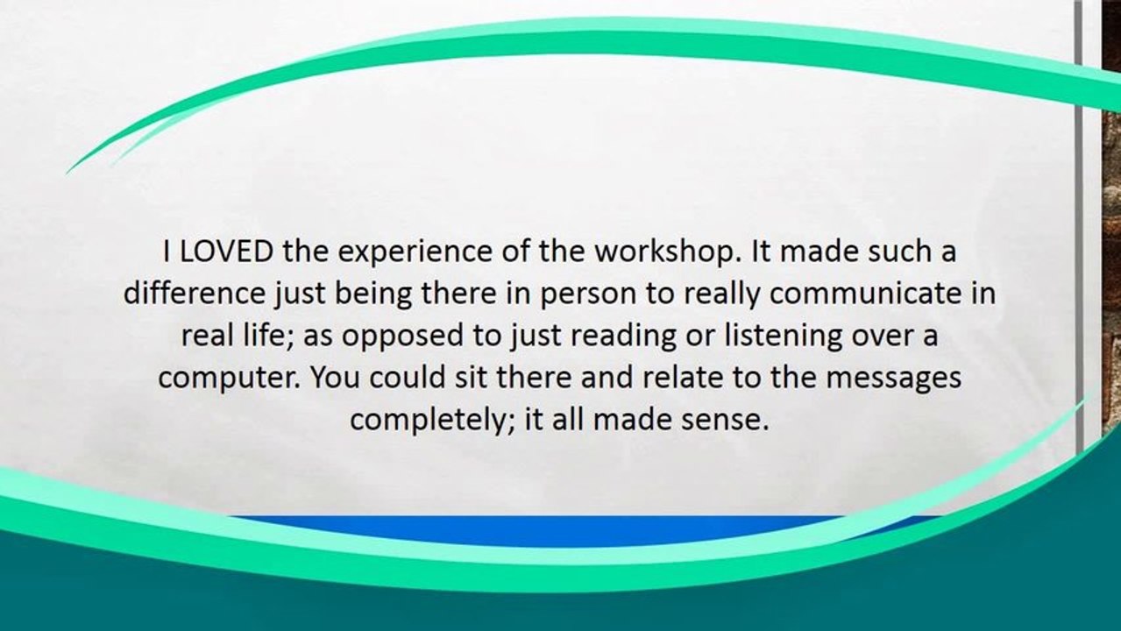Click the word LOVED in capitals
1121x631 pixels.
(226, 252)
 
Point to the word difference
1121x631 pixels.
(195, 294)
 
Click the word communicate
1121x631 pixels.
(865, 294)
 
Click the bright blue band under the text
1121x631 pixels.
(576, 530)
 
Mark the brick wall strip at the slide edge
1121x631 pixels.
(1112, 225)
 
